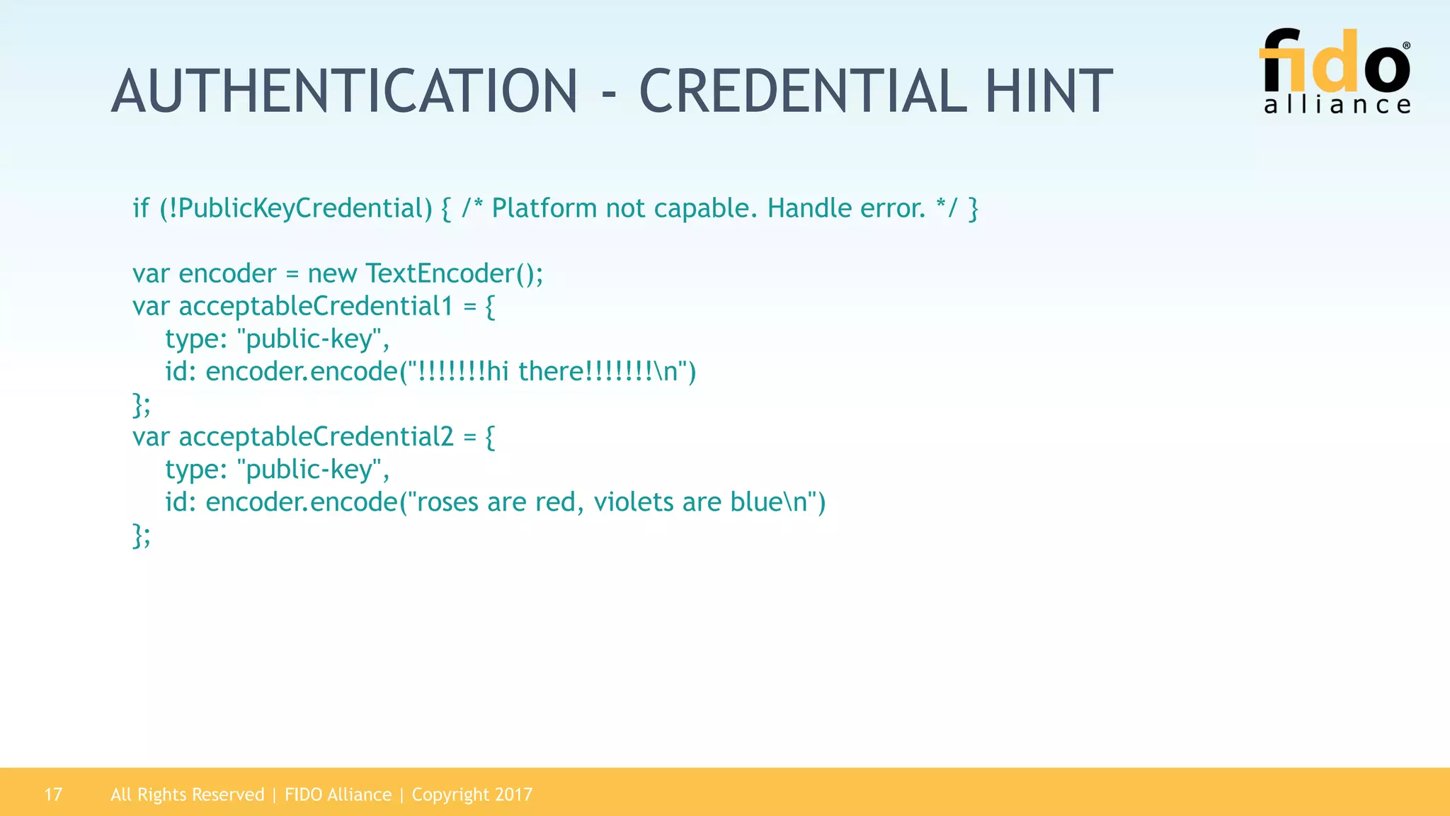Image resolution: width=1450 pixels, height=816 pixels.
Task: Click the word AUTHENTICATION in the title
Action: click(x=345, y=91)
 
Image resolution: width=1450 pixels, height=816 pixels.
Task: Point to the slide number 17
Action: click(x=53, y=795)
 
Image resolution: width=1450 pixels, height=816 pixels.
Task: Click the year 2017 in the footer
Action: click(x=514, y=795)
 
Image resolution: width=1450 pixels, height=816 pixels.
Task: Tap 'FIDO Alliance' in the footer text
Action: click(x=338, y=795)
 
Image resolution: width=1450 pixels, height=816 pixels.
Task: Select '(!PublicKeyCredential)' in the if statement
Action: click(x=296, y=208)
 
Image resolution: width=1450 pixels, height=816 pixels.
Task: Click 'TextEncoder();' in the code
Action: click(x=455, y=273)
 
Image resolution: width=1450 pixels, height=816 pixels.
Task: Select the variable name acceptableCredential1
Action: click(x=316, y=306)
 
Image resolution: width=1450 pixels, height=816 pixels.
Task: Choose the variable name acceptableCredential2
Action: click(x=316, y=437)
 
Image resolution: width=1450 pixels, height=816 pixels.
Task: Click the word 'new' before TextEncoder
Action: click(x=332, y=273)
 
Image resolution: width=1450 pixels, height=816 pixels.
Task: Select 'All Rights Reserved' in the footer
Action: click(x=187, y=795)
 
